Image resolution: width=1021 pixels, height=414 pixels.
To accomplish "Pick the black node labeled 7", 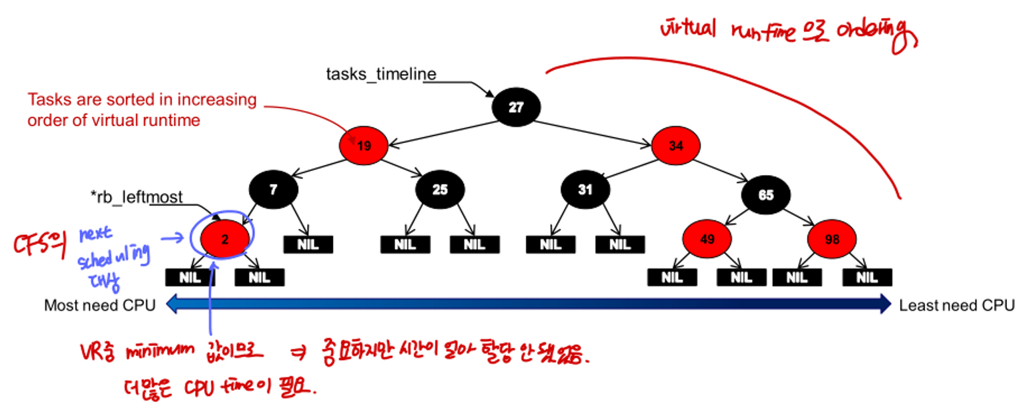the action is pyautogui.click(x=273, y=190).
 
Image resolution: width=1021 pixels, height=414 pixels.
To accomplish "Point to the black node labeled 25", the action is pyautogui.click(x=440, y=190).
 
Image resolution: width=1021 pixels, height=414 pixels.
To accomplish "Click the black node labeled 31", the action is pyautogui.click(x=585, y=190).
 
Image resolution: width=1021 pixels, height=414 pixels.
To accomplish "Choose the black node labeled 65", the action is pyautogui.click(x=766, y=195).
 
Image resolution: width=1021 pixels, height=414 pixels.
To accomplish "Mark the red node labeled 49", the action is pyautogui.click(x=707, y=238).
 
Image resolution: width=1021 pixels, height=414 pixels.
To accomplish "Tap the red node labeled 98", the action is pyautogui.click(x=832, y=238).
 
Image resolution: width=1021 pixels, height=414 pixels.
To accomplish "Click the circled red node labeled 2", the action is pyautogui.click(x=225, y=238).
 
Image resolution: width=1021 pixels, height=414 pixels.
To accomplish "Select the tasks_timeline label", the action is pyautogui.click(x=381, y=73).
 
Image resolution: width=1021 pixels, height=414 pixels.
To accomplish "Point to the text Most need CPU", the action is pyautogui.click(x=99, y=306).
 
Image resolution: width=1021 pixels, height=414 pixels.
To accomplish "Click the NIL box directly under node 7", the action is pyautogui.click(x=308, y=244).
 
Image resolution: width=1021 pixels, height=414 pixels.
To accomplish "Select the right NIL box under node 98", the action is pyautogui.click(x=867, y=277).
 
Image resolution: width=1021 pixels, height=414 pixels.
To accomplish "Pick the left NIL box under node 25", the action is pyautogui.click(x=405, y=244).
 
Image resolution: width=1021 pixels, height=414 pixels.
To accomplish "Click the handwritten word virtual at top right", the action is pyautogui.click(x=687, y=29).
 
